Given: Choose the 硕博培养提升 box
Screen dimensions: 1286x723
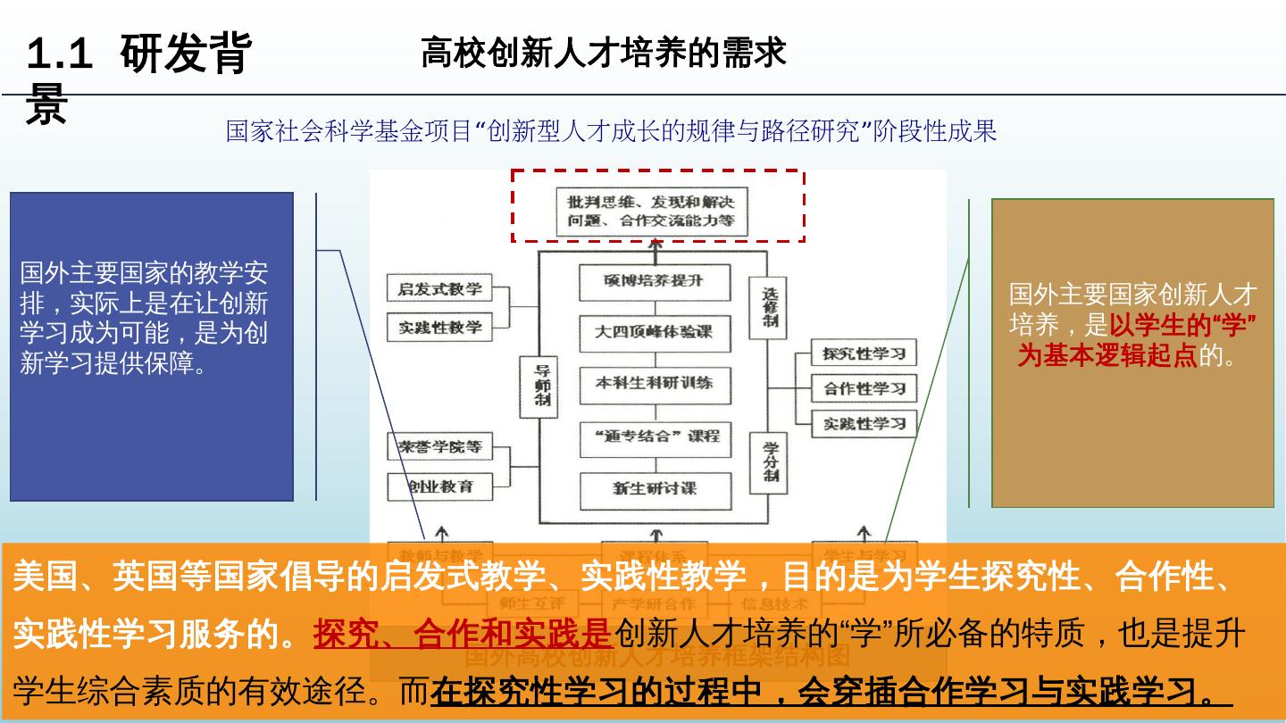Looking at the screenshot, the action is tap(654, 281).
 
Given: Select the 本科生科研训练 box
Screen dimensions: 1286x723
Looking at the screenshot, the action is tap(654, 384).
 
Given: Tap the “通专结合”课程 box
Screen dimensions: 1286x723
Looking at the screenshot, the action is tap(654, 436).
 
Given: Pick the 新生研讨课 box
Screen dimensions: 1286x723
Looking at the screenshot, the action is tap(654, 488).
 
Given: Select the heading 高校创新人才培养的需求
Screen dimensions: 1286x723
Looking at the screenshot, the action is tap(603, 54).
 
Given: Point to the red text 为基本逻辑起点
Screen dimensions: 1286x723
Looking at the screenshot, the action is tap(1107, 356).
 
